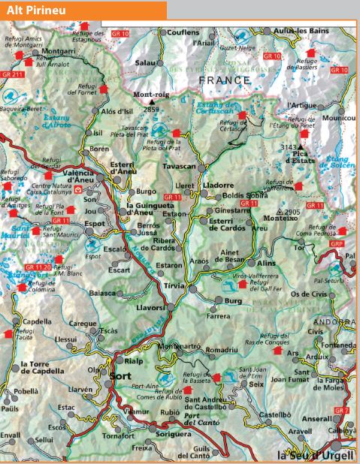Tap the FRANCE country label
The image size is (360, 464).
click(x=225, y=80)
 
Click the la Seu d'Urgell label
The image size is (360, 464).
click(x=314, y=456)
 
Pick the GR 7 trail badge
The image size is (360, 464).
click(x=342, y=411)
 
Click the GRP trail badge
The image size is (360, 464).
click(x=337, y=244)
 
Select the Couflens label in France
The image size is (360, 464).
click(x=183, y=32)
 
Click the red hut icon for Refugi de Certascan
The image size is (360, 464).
click(x=242, y=114)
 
